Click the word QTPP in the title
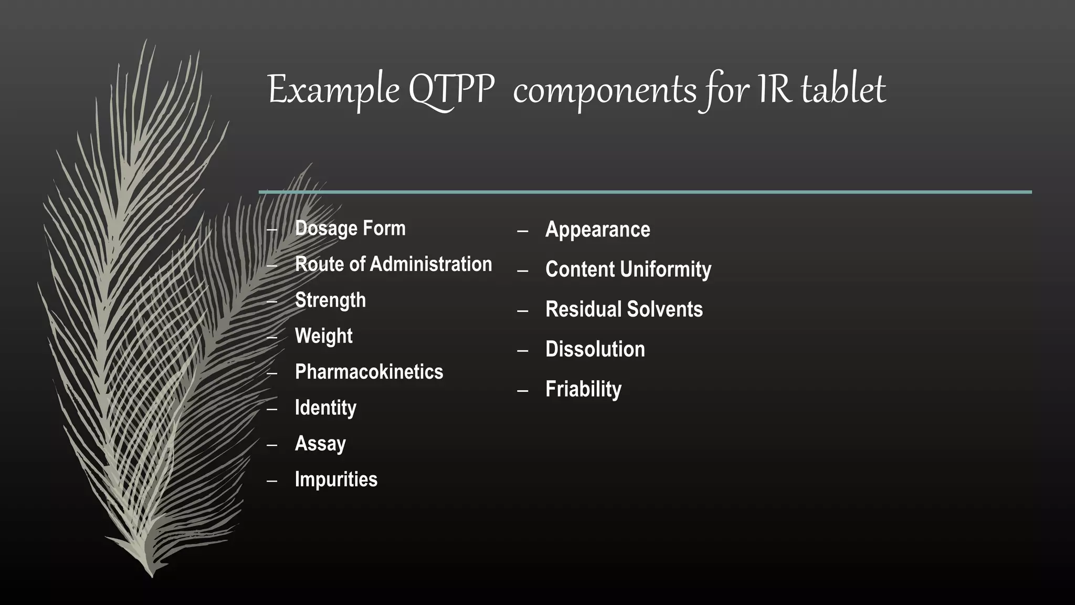tap(451, 90)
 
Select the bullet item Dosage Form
tap(350, 228)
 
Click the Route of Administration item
tap(393, 264)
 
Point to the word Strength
tap(330, 300)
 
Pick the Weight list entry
tap(323, 336)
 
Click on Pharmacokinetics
tap(368, 372)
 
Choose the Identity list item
tap(325, 408)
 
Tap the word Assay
tap(320, 444)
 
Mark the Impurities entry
tap(336, 479)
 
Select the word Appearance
tap(597, 230)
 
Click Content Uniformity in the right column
tap(628, 269)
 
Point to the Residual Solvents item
tap(624, 309)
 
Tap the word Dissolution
tap(595, 349)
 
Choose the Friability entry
tap(583, 389)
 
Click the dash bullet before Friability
tap(522, 390)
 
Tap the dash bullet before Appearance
tap(522, 231)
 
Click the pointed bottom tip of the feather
tap(152, 576)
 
